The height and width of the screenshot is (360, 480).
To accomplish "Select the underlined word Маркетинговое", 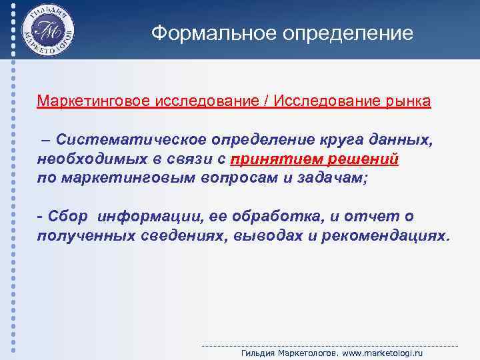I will coord(94,102).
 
